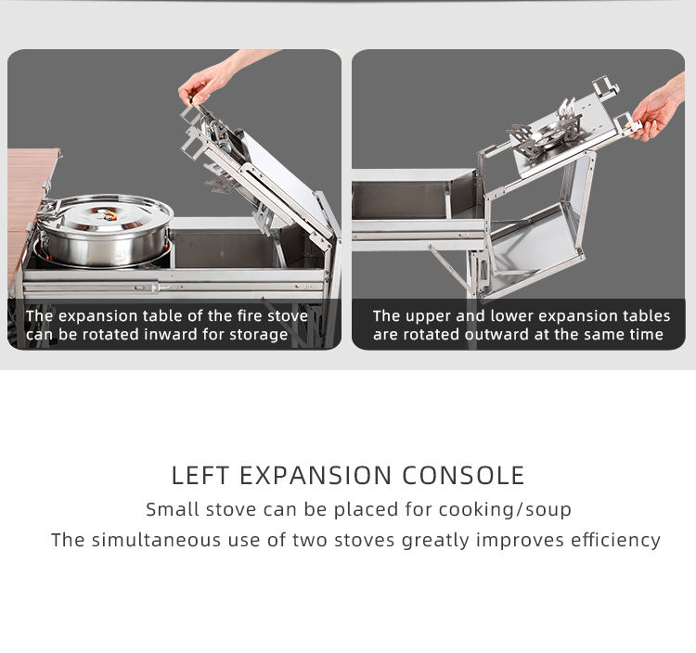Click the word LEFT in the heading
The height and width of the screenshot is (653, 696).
[200, 475]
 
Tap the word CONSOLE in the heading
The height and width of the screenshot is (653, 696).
[463, 475]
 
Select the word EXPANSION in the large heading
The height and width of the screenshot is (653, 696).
[316, 475]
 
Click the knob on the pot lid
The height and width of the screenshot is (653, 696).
[109, 215]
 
